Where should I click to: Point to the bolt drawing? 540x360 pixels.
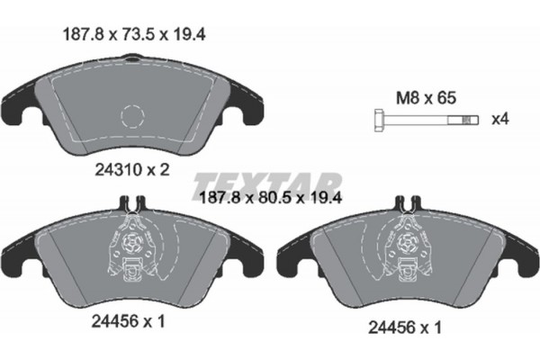(x=423, y=118)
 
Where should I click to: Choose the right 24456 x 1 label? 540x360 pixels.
(x=399, y=329)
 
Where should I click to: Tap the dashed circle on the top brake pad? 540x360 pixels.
(x=131, y=118)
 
